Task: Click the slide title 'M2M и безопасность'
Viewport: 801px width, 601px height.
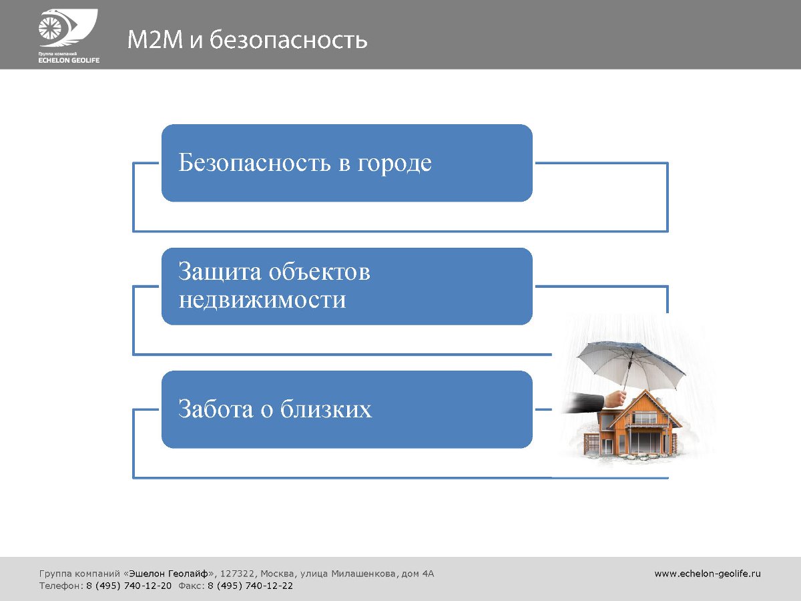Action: (247, 39)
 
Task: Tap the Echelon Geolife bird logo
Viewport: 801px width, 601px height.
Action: (68, 28)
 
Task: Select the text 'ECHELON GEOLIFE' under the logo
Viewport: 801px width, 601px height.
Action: (69, 60)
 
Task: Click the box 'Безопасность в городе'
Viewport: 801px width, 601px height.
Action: (346, 163)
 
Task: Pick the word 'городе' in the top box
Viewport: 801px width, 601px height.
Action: (394, 163)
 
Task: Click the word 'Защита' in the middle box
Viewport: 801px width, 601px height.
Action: (220, 272)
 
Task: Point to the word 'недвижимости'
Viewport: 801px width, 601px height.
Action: (262, 300)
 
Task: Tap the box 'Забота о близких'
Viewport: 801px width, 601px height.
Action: (346, 409)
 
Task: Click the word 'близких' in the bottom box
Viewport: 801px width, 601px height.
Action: (326, 409)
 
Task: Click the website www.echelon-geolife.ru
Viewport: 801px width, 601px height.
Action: (708, 574)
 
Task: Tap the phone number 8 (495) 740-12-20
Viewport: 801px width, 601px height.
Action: (129, 586)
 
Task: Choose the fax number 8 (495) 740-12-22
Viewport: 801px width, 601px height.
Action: (250, 586)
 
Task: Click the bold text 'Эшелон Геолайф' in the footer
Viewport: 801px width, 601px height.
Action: (169, 574)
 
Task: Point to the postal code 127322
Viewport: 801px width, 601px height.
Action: (237, 574)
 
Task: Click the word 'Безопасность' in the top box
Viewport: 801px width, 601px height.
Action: (254, 162)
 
